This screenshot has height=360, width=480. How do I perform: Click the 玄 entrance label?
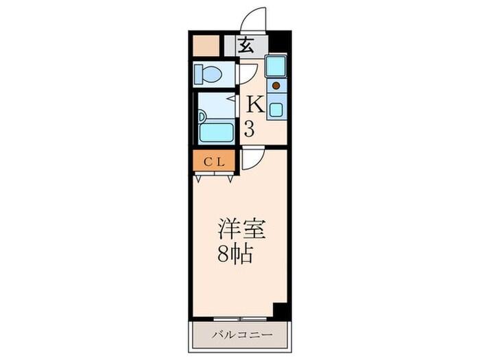pos(247,46)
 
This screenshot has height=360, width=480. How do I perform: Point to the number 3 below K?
pos(251,128)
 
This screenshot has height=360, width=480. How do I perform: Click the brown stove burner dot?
pos(276,86)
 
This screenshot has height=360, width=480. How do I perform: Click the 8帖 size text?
pos(236,256)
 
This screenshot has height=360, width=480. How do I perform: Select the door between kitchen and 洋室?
pos(251,159)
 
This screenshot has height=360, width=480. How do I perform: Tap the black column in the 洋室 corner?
pos(278,309)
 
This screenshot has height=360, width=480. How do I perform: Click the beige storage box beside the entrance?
pos(205,45)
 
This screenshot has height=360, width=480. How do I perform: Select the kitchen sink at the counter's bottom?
pos(276,108)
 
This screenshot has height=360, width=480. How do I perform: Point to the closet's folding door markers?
pos(215,177)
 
